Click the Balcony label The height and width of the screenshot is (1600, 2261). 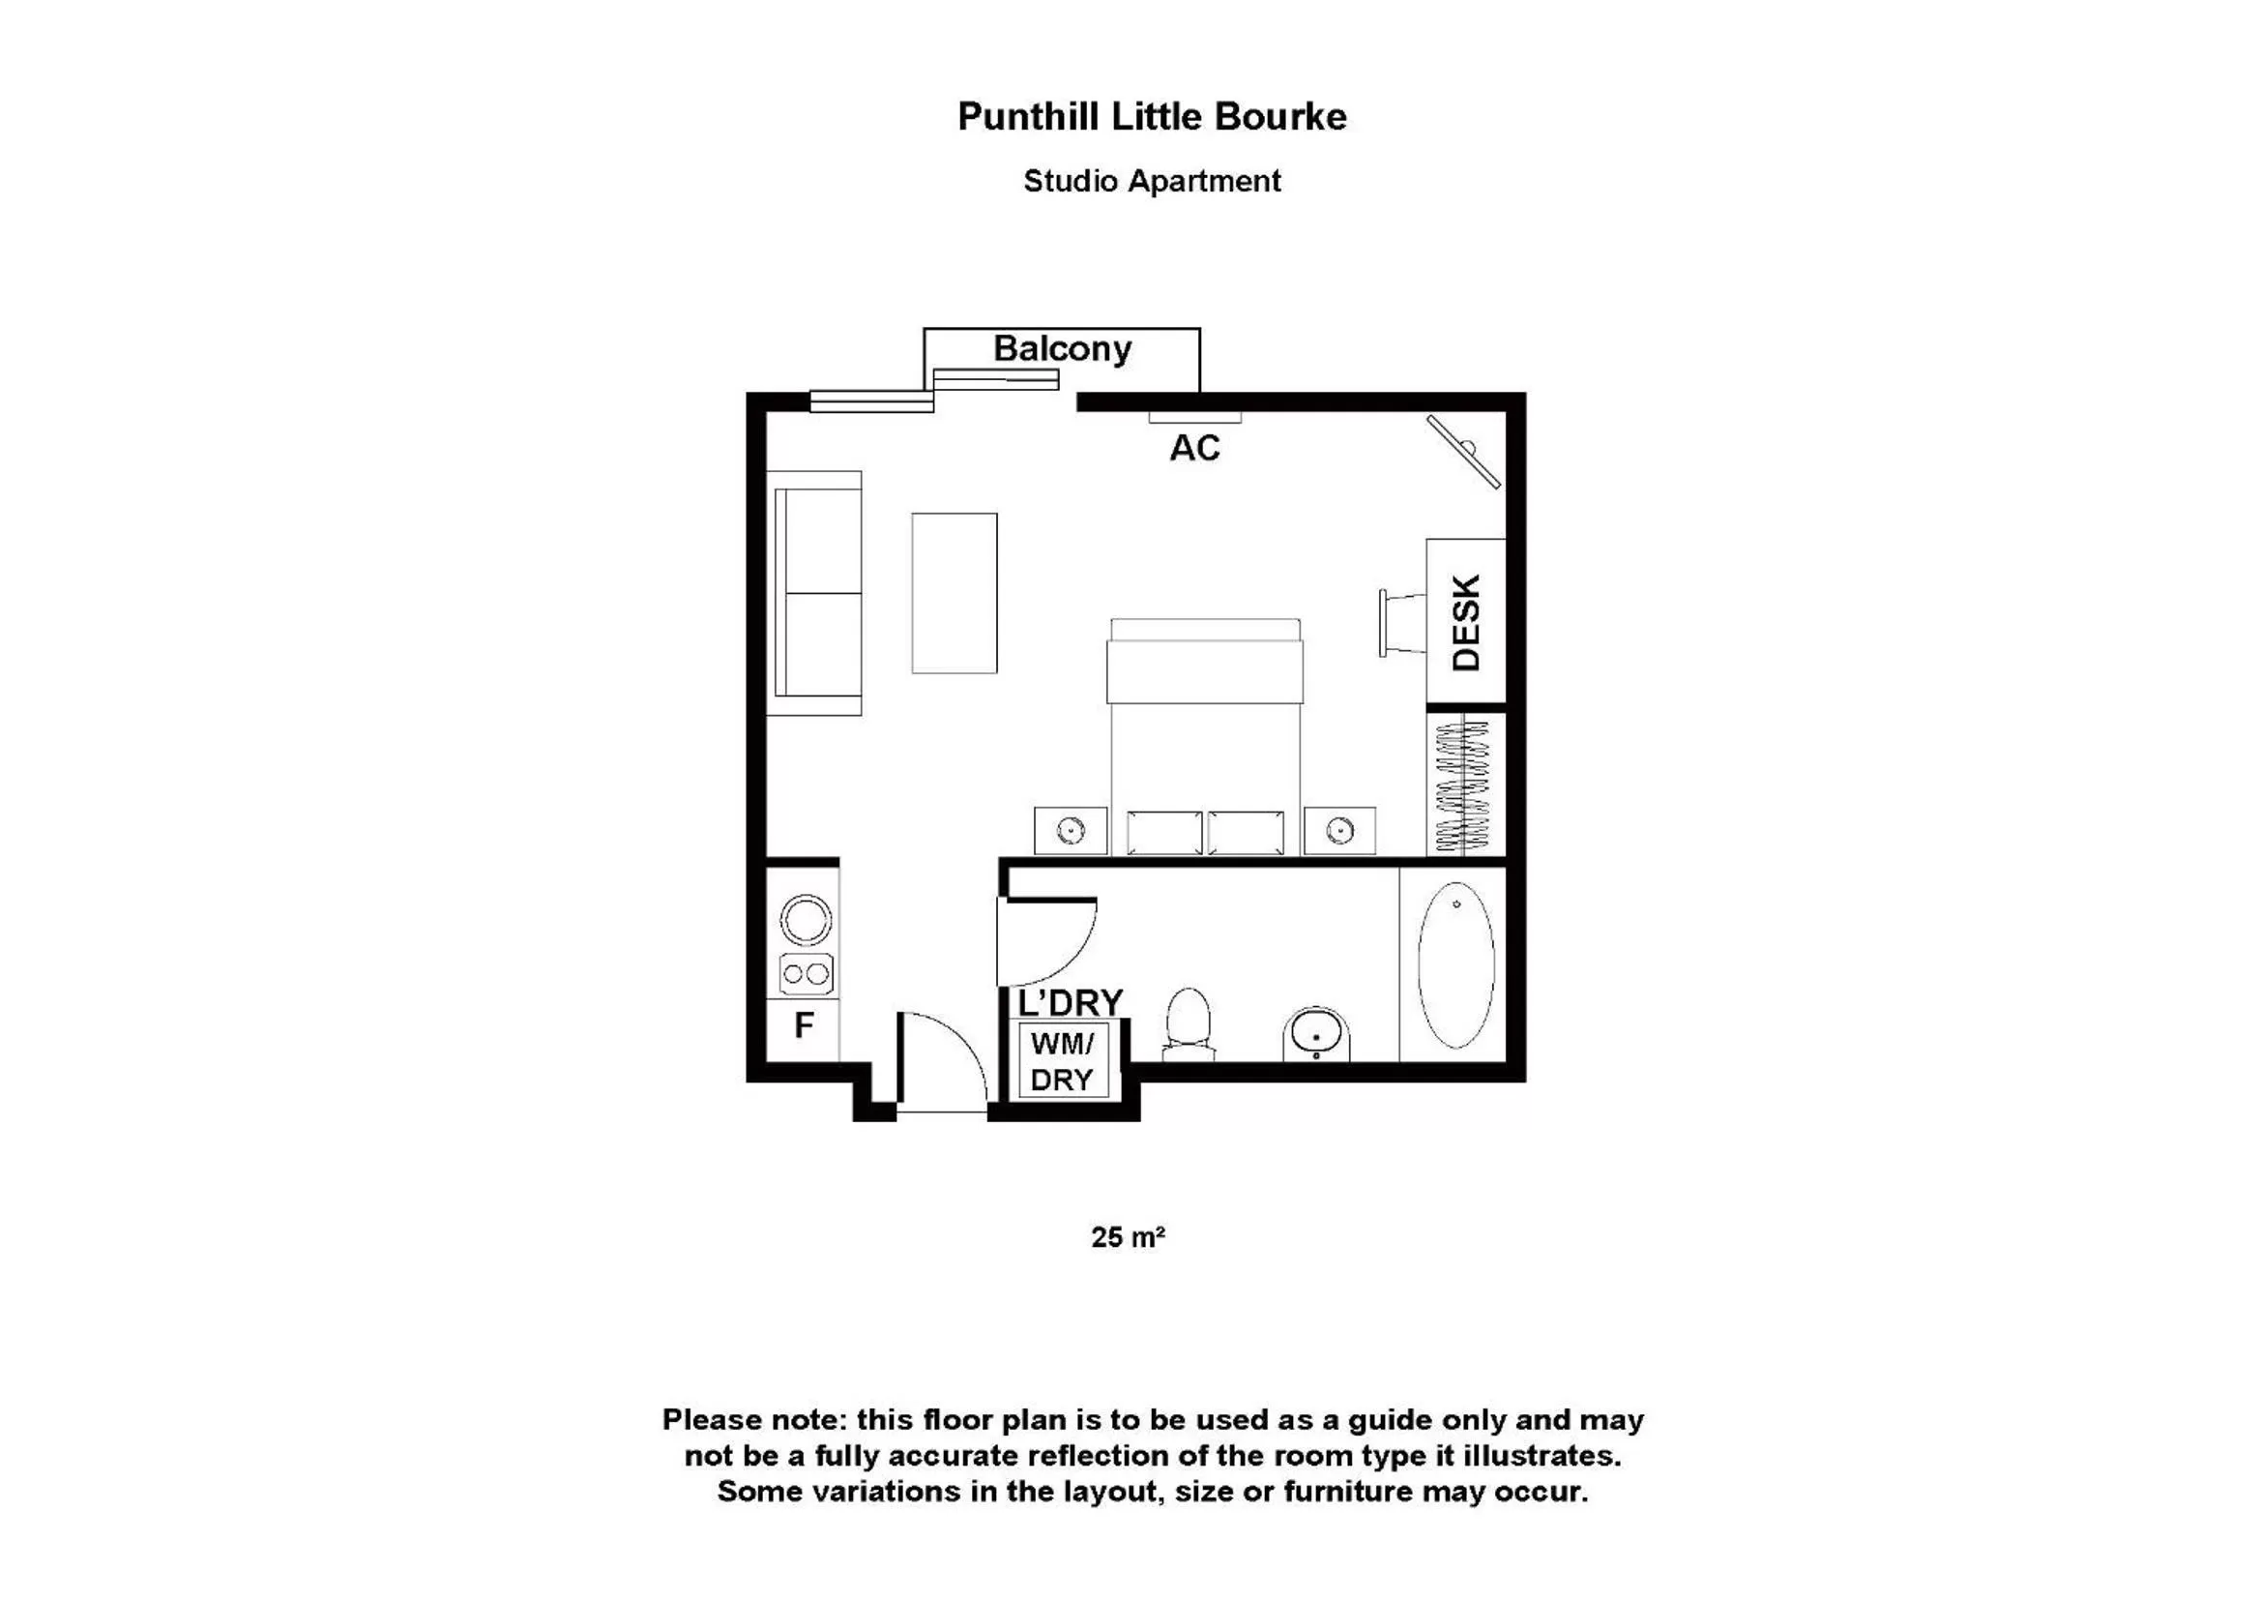click(x=1062, y=349)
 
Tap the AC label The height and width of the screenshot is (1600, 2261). click(x=1194, y=448)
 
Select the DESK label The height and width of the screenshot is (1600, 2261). click(x=1466, y=623)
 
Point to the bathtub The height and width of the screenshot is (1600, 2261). click(x=1455, y=964)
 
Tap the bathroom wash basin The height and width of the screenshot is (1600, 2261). click(x=1315, y=1033)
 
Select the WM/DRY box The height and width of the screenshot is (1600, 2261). click(x=1062, y=1061)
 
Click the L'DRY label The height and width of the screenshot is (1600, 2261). click(x=1070, y=1003)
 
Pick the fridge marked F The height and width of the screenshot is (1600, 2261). click(x=804, y=1026)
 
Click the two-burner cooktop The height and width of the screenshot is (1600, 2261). click(x=806, y=974)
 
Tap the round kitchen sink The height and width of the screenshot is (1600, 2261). click(x=806, y=920)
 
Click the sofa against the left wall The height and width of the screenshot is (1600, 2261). click(x=814, y=593)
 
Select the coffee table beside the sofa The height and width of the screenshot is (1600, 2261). click(x=954, y=593)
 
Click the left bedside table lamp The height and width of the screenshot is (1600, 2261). click(x=1071, y=832)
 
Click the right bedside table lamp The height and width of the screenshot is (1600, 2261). click(x=1339, y=832)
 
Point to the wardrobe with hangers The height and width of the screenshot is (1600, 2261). click(x=1465, y=785)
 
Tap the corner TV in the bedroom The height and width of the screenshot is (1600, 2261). click(x=1464, y=451)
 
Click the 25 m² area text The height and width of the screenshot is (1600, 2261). click(x=1128, y=1236)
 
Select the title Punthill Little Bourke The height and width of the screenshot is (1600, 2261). click(x=1151, y=116)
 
